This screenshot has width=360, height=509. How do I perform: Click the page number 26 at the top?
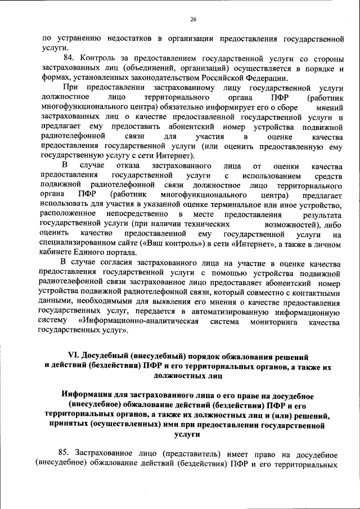[193, 20]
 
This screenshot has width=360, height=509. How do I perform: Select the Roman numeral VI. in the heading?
[74, 357]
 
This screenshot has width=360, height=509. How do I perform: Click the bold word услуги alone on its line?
[188, 434]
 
